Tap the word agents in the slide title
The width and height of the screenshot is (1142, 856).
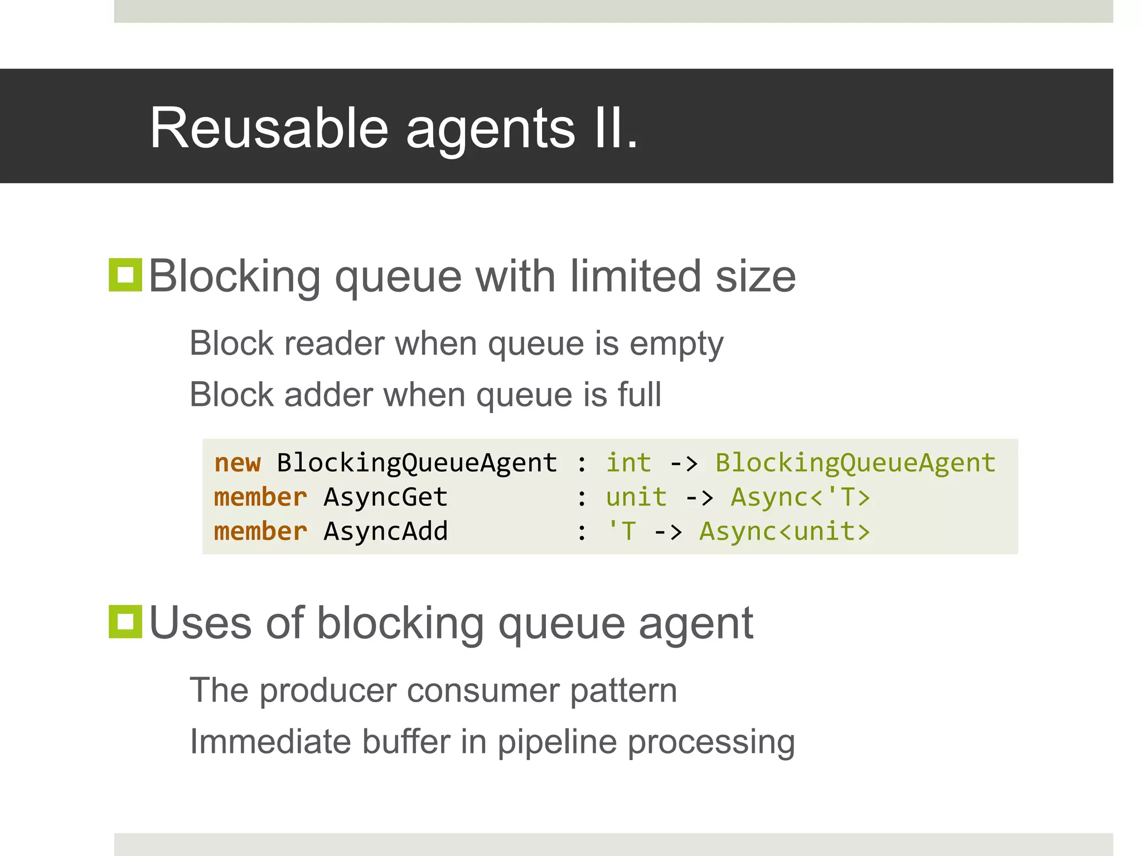tap(490, 129)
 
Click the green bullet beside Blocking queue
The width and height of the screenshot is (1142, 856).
tap(125, 275)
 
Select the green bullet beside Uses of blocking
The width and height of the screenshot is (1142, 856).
tap(125, 621)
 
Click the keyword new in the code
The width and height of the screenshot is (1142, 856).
tap(238, 463)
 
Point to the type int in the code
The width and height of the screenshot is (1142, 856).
tap(628, 463)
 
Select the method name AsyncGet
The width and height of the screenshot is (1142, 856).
tap(385, 497)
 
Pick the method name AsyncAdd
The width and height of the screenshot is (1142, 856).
tap(385, 531)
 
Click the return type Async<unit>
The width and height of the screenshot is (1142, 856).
tap(785, 531)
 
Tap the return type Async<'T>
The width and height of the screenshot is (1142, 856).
tap(800, 497)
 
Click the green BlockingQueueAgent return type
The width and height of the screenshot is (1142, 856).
tap(855, 463)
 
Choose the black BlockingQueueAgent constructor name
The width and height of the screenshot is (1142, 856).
tap(417, 463)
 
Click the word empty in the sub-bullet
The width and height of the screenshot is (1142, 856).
tap(676, 344)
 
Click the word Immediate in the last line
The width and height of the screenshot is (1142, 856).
tap(270, 742)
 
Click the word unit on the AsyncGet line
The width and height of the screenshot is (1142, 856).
tap(636, 497)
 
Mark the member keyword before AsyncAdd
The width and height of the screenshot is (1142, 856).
tap(260, 531)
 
